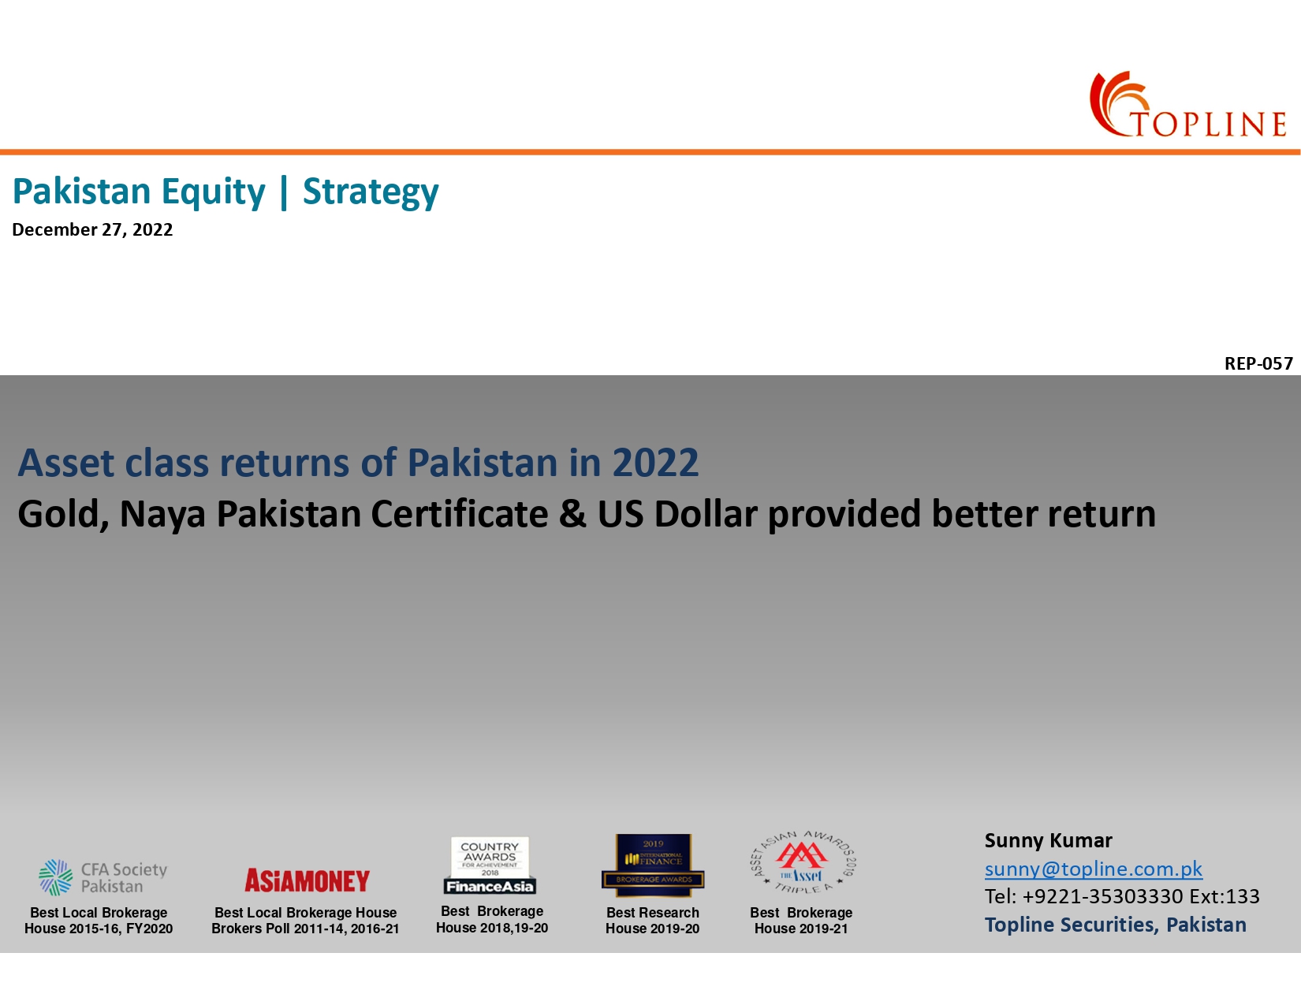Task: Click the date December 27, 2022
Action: (x=92, y=229)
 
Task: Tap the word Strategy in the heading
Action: (x=371, y=192)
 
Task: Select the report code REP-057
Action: (x=1258, y=363)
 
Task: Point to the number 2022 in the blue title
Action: (x=655, y=463)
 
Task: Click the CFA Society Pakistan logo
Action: (x=103, y=877)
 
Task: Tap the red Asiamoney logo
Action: (x=307, y=880)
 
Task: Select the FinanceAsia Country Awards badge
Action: (x=490, y=865)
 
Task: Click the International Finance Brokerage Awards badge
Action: (x=653, y=865)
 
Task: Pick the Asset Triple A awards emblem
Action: (x=802, y=862)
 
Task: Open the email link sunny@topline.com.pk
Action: (x=1093, y=869)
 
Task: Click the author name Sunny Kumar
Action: (x=1048, y=840)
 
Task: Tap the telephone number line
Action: (x=1121, y=896)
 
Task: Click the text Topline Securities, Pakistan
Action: (x=1115, y=925)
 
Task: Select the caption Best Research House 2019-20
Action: (x=652, y=921)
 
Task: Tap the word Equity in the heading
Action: (x=214, y=192)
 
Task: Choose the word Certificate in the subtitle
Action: (x=460, y=514)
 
